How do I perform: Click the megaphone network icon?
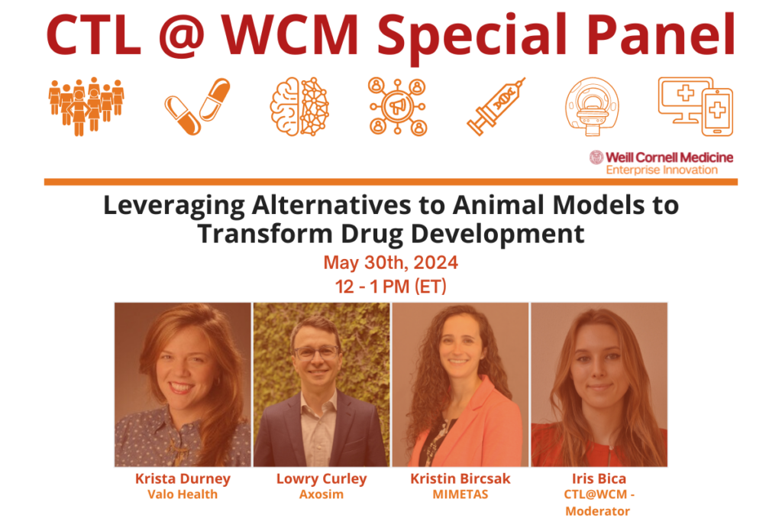[397, 107]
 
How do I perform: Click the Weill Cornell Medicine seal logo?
[596, 157]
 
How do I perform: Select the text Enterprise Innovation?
[661, 170]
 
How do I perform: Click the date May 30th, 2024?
[390, 263]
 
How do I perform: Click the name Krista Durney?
[183, 479]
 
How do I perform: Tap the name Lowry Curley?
[322, 479]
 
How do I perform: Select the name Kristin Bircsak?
[460, 479]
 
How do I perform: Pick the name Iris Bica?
[599, 479]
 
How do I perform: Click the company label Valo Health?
[183, 494]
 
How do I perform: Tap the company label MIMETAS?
[460, 494]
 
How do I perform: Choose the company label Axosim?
[322, 494]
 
